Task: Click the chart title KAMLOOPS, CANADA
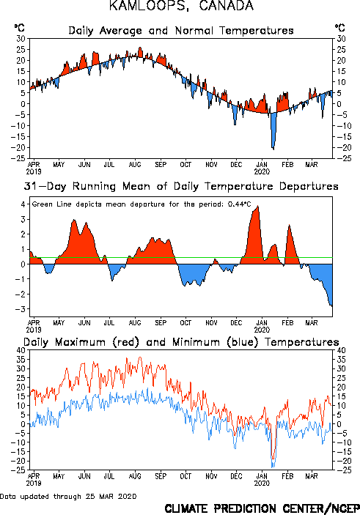tap(182, 6)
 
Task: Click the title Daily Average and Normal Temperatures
tap(181, 31)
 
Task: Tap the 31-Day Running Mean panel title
tap(181, 186)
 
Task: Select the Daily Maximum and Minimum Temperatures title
tap(181, 342)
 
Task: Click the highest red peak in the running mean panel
tap(258, 207)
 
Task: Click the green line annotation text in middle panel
tap(142, 204)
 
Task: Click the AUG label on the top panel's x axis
tap(135, 165)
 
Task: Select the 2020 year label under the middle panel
tap(262, 330)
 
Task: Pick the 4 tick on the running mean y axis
tap(23, 204)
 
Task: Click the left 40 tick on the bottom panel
tap(21, 350)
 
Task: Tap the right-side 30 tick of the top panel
tap(341, 39)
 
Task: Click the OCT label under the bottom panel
tap(185, 476)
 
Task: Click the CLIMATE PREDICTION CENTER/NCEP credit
tap(262, 508)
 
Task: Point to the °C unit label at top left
tap(19, 28)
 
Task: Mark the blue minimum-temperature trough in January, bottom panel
tap(273, 464)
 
